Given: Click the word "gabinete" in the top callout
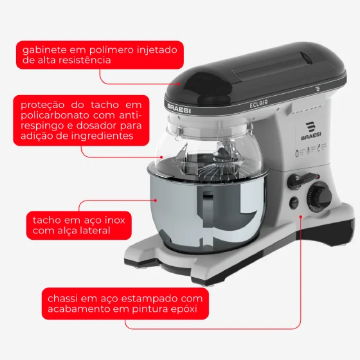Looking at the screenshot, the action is click(44, 50).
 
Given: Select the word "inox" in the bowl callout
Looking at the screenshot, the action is click(115, 220).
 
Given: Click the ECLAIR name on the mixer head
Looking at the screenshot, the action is click(258, 104).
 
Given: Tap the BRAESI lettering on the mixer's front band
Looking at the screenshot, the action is click(179, 109).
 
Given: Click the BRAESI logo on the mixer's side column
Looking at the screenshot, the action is click(311, 131).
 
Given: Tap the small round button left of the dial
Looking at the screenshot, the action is click(294, 203).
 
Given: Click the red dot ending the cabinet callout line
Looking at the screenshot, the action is click(179, 84).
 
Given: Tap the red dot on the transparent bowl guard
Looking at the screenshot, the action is click(161, 157).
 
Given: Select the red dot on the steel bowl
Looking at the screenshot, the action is click(156, 201).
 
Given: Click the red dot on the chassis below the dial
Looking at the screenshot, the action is click(301, 217).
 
